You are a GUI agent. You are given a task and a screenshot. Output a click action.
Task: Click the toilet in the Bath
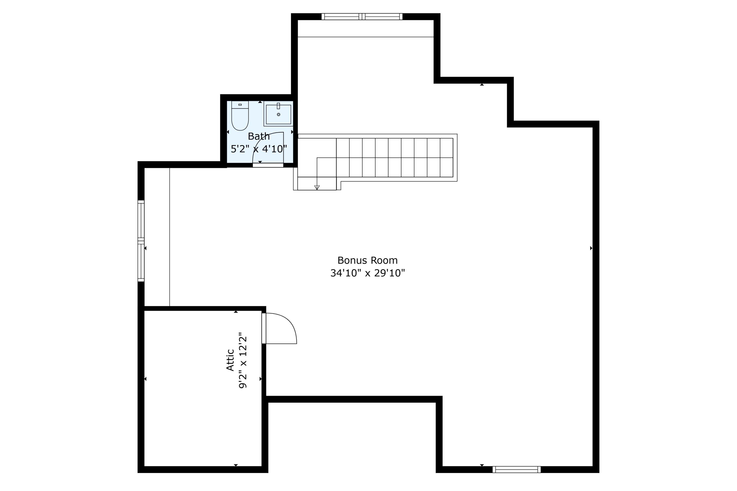[x=240, y=116]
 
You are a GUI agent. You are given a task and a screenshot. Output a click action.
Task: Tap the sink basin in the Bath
[x=278, y=114]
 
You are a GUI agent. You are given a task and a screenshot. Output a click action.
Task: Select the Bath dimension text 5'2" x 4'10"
[x=259, y=149]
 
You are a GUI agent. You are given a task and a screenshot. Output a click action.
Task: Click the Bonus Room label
[x=367, y=260]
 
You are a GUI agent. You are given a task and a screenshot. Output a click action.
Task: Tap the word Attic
[x=230, y=360]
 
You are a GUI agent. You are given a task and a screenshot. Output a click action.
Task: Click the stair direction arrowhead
[x=317, y=188]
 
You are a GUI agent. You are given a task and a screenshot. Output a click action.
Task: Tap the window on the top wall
[x=362, y=17]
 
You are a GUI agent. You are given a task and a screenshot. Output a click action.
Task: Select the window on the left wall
[x=141, y=241]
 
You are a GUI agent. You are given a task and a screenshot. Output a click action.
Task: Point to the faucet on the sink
[x=278, y=106]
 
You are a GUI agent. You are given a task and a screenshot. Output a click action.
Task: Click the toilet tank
[x=240, y=105]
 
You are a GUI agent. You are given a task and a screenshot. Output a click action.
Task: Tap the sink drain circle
[x=279, y=115]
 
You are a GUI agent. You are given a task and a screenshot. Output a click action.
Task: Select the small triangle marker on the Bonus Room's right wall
[x=591, y=248]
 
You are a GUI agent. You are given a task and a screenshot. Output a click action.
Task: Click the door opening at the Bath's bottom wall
[x=268, y=165]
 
